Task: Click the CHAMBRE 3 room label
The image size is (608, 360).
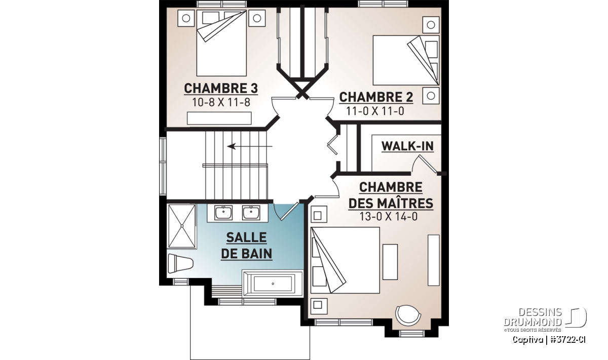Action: [x=221, y=89]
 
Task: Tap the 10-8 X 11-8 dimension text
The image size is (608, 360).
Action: [x=221, y=103]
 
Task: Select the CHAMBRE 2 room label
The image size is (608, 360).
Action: [x=376, y=97]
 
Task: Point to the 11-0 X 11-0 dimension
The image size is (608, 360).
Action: [x=375, y=111]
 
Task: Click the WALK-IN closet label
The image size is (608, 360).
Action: [x=407, y=146]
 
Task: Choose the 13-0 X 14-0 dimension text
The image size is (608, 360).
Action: [x=389, y=217]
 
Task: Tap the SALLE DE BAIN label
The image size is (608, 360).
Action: [x=246, y=246]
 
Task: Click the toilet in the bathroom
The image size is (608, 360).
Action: [x=180, y=263]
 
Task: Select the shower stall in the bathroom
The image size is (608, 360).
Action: [x=182, y=226]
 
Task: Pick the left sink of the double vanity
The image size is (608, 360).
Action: [x=223, y=213]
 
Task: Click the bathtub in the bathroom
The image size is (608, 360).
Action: [x=273, y=284]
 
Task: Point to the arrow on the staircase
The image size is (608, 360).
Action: [x=250, y=146]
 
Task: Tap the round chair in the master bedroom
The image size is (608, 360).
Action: [x=408, y=315]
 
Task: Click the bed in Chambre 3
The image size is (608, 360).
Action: [x=221, y=43]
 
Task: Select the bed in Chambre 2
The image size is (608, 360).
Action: [x=406, y=60]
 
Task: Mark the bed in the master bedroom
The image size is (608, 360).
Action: [x=345, y=260]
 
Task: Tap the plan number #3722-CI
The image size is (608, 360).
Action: [x=568, y=340]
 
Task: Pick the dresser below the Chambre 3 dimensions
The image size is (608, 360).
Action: [x=219, y=118]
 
